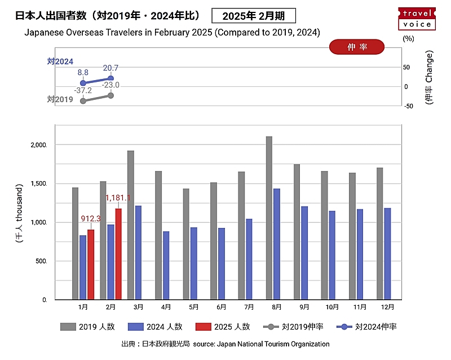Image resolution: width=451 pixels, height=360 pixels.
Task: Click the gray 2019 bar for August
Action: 269,218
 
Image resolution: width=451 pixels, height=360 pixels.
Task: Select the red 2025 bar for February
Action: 118,254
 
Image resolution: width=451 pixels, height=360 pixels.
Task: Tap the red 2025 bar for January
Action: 91,264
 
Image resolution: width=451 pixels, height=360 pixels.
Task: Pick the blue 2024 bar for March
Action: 138,252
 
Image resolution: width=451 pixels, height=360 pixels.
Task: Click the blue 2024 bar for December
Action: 387,254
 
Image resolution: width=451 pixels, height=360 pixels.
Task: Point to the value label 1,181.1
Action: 118,198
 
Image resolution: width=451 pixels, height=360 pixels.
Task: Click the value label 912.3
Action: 91,218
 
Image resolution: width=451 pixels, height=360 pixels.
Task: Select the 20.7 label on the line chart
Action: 110,68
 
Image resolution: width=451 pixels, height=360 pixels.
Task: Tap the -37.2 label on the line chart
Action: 83,90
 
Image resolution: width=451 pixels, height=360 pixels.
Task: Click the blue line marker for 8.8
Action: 83,83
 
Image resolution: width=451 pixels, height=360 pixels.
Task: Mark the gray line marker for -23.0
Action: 110,95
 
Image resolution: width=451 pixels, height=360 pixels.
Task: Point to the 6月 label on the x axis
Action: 221,307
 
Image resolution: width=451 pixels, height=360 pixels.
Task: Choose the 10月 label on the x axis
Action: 332,307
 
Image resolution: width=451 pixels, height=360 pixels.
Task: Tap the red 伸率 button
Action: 356,47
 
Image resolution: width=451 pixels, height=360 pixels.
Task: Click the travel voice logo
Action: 417,19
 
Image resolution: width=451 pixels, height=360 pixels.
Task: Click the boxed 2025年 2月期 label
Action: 254,16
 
